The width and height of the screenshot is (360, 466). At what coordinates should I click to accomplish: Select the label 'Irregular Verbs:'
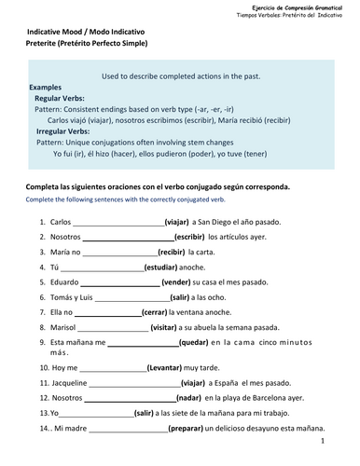[65, 131]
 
